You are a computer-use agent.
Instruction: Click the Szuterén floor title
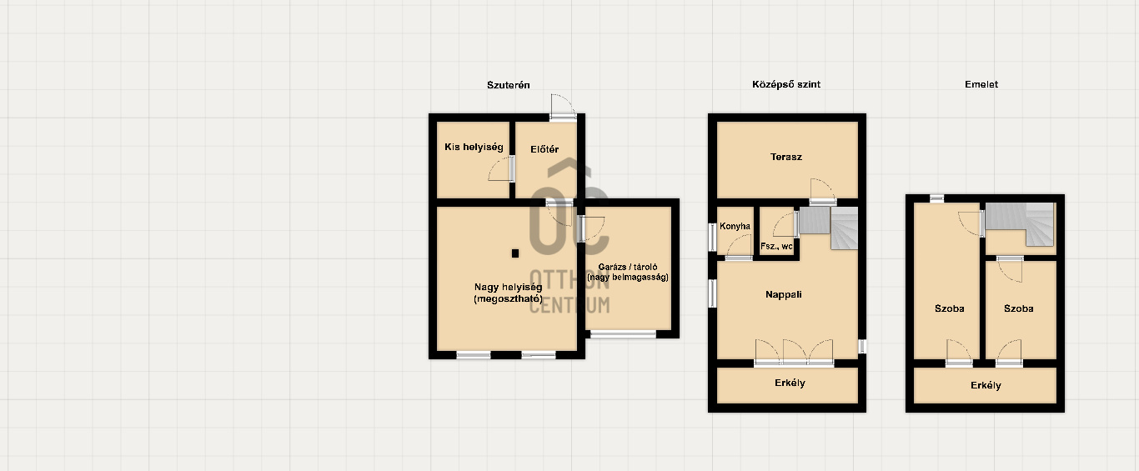point(508,85)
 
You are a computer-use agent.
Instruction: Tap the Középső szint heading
point(786,84)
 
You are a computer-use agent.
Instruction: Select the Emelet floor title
point(981,84)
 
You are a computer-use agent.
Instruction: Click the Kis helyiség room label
point(474,147)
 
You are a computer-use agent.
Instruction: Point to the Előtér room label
point(544,149)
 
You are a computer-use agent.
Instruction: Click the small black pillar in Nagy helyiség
point(515,253)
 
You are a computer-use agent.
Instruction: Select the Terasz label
point(786,157)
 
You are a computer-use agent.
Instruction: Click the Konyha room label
point(735,226)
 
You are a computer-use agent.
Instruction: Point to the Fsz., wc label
point(776,247)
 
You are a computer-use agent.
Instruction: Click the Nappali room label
point(784,295)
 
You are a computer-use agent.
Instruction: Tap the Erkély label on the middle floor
point(790,383)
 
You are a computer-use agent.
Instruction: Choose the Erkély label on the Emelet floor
point(986,386)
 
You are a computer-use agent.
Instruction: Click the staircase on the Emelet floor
point(1020,223)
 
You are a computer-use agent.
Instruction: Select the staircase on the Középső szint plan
point(829,227)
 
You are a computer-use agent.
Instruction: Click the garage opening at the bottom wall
point(623,333)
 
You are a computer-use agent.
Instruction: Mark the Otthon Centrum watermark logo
point(569,236)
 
